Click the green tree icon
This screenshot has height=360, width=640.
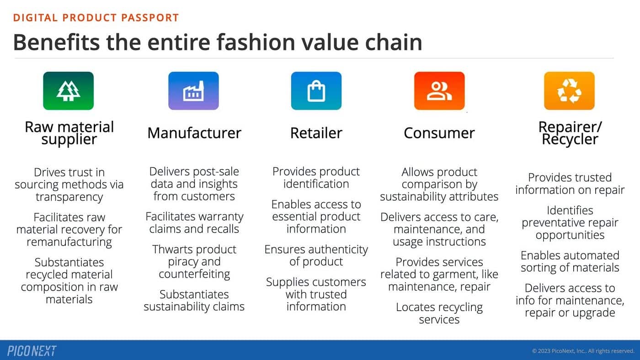click(68, 91)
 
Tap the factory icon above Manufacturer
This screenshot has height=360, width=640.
click(193, 91)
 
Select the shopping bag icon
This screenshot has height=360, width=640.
click(316, 91)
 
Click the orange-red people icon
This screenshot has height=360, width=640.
click(439, 91)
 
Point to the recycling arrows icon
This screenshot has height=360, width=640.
click(570, 91)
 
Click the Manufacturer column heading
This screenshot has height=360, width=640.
click(194, 133)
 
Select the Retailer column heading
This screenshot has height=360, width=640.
click(316, 133)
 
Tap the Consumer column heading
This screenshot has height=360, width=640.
click(439, 133)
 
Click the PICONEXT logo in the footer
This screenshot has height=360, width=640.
click(32, 351)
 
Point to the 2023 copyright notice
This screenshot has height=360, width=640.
click(583, 351)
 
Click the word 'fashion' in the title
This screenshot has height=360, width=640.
click(256, 43)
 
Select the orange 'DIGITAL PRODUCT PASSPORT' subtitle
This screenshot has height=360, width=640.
click(96, 18)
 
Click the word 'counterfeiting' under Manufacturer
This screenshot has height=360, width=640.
click(194, 274)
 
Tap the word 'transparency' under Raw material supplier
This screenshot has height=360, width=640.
click(69, 197)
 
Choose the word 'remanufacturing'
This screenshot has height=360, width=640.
click(69, 242)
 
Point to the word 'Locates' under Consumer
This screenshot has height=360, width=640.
click(415, 307)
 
